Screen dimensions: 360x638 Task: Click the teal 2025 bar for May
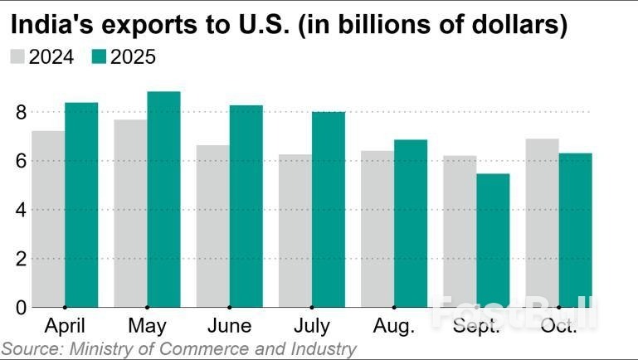163,199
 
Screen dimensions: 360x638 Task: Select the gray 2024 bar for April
48,219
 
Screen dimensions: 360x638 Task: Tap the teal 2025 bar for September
493,241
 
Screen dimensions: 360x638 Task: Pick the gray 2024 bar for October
543,223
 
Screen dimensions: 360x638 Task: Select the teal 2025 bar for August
411,223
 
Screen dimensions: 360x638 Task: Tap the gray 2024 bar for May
130,213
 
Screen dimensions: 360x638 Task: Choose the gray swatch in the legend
17,57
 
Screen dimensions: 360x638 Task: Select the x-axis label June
229,324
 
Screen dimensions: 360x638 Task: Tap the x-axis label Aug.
394,324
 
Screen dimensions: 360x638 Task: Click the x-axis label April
64,324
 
